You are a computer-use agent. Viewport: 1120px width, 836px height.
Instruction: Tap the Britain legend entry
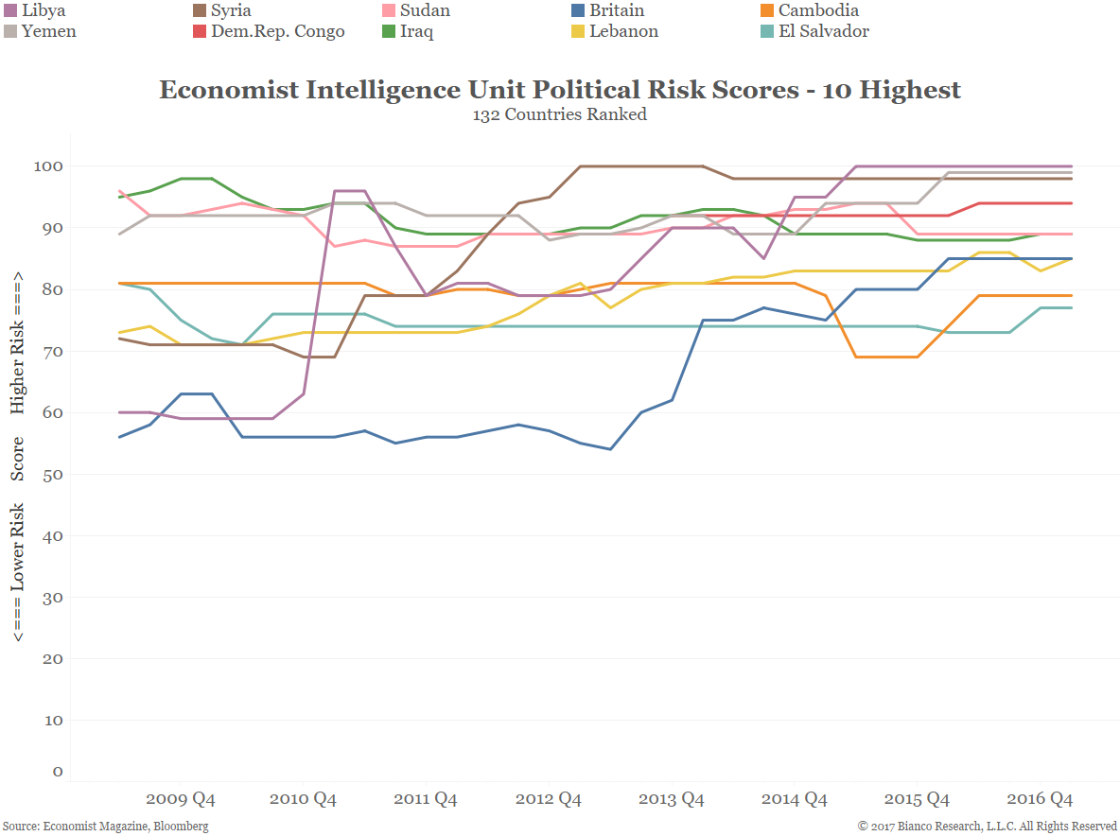pos(616,11)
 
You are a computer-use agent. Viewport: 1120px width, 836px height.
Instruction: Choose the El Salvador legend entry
pos(823,31)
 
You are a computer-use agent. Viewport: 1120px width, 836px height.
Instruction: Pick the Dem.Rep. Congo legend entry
pos(279,31)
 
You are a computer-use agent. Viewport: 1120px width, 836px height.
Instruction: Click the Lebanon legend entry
pos(623,31)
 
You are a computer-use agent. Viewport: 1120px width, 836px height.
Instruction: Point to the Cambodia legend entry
pos(818,11)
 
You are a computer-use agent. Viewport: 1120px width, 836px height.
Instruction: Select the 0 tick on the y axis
pos(58,772)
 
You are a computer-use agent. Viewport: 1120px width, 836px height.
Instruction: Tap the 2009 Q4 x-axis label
pos(180,799)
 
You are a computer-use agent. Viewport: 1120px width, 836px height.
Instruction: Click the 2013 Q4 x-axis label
pos(672,799)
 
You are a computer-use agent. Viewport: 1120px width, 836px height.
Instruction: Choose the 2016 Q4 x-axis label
pos(1041,799)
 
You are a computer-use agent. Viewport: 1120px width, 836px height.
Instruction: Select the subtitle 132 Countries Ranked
pos(560,114)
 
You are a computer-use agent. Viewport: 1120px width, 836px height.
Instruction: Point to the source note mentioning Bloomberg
pos(105,826)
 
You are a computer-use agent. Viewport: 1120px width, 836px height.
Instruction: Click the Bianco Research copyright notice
pos(988,826)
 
